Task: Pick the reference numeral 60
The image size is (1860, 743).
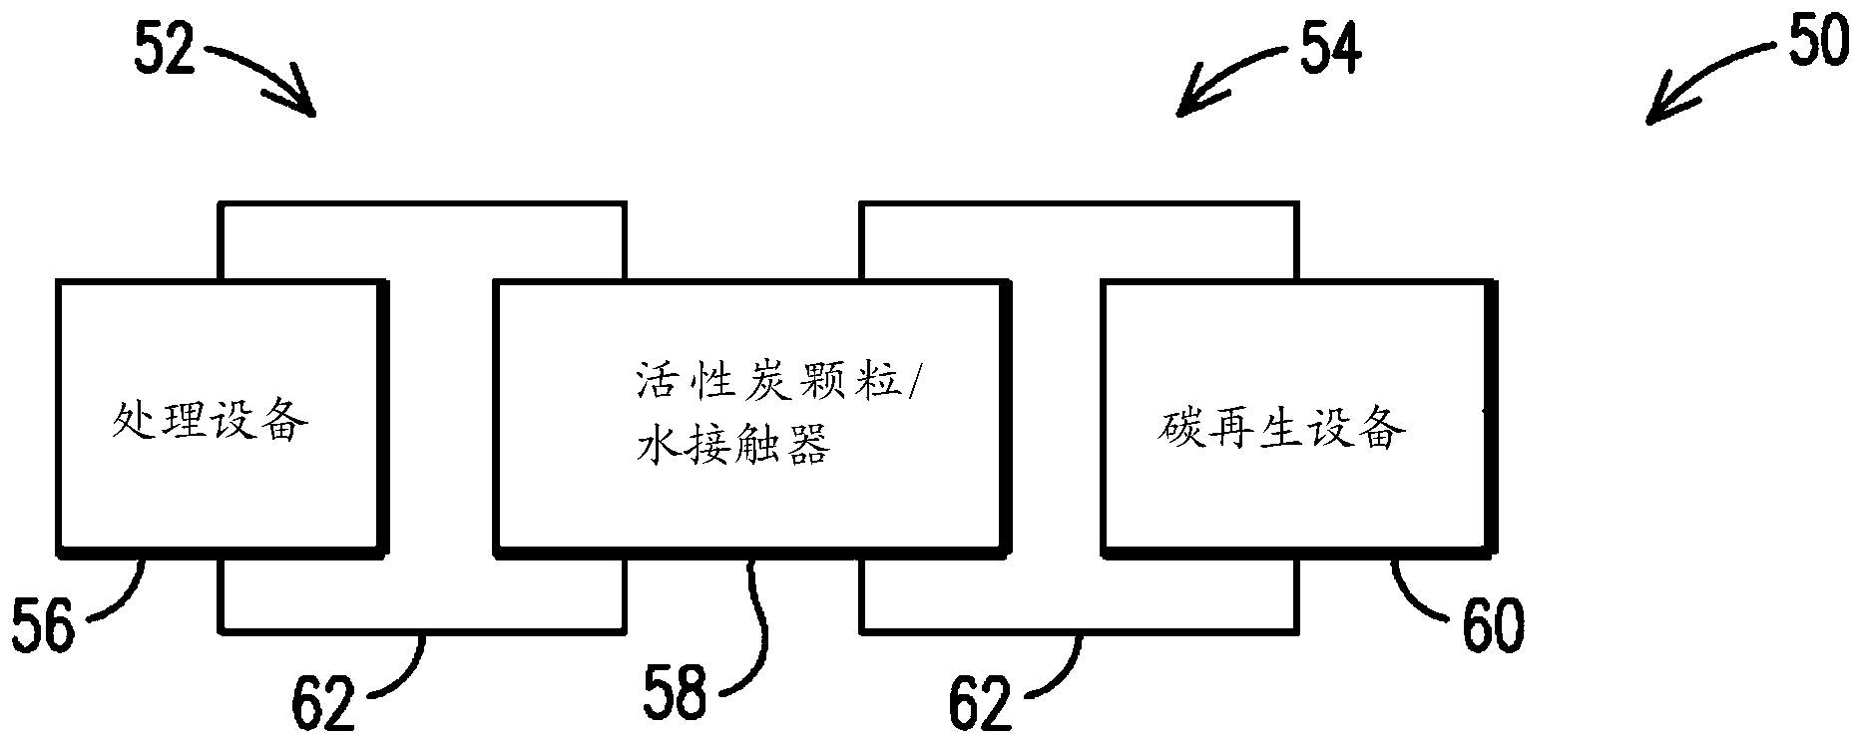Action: pyautogui.click(x=1493, y=625)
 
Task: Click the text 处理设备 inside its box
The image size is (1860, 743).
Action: pyautogui.click(x=209, y=425)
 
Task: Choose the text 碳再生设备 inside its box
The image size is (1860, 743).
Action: pyautogui.click(x=1283, y=430)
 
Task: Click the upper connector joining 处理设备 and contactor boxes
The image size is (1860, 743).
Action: pyautogui.click(x=422, y=206)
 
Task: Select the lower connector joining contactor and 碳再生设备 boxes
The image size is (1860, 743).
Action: pyautogui.click(x=1080, y=628)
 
